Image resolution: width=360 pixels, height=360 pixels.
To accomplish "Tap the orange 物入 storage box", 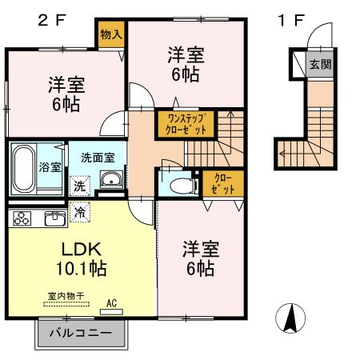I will point(110,34).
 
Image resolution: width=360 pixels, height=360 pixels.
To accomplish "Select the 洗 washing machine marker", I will point(80,186).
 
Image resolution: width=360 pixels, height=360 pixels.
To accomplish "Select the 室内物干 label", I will point(66,296).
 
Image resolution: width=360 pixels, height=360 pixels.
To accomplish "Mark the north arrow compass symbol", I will point(290,321).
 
